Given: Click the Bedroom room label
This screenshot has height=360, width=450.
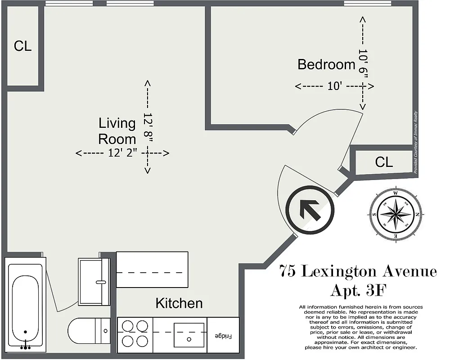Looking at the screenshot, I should tap(326, 64).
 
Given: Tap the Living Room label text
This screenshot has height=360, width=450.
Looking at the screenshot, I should tap(117, 130).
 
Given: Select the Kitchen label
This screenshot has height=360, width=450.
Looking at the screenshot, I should tap(179, 303).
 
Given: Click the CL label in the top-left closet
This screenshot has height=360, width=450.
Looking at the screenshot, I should tap(22, 46).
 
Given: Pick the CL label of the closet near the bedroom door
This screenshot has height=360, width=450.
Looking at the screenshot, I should tap(383, 162).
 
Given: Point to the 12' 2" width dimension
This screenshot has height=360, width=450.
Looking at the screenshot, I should tap(122, 153).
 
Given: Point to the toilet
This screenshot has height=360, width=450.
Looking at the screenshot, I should tap(88, 331).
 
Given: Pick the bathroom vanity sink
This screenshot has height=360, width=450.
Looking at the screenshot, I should tap(94, 282).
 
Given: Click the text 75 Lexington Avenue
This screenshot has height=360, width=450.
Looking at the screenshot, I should tap(358, 272).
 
